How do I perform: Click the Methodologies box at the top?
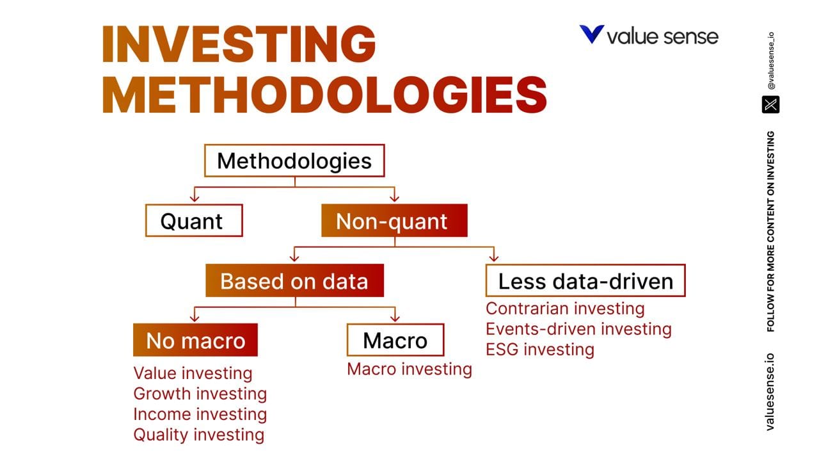pos(294,161)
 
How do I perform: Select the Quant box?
pos(194,221)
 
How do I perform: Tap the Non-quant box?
pos(394,221)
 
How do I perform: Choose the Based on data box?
pos(294,281)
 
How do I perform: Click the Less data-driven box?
pos(585,281)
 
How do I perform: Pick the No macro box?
pos(195,341)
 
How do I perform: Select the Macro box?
pos(395,341)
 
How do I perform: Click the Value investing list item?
pos(193,373)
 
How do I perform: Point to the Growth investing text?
pos(200,394)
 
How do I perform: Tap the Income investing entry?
pos(200,414)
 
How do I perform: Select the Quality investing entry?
pos(198,435)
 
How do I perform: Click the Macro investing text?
pos(409,369)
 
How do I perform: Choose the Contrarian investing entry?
pos(565,309)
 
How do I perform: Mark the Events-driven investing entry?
pos(578,329)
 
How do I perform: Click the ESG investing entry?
pos(540,350)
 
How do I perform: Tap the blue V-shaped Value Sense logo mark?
pos(591,35)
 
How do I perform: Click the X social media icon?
pos(770,104)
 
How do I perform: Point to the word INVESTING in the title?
pos(239,44)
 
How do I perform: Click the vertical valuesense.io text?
pos(770,391)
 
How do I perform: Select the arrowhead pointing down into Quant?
pos(194,198)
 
